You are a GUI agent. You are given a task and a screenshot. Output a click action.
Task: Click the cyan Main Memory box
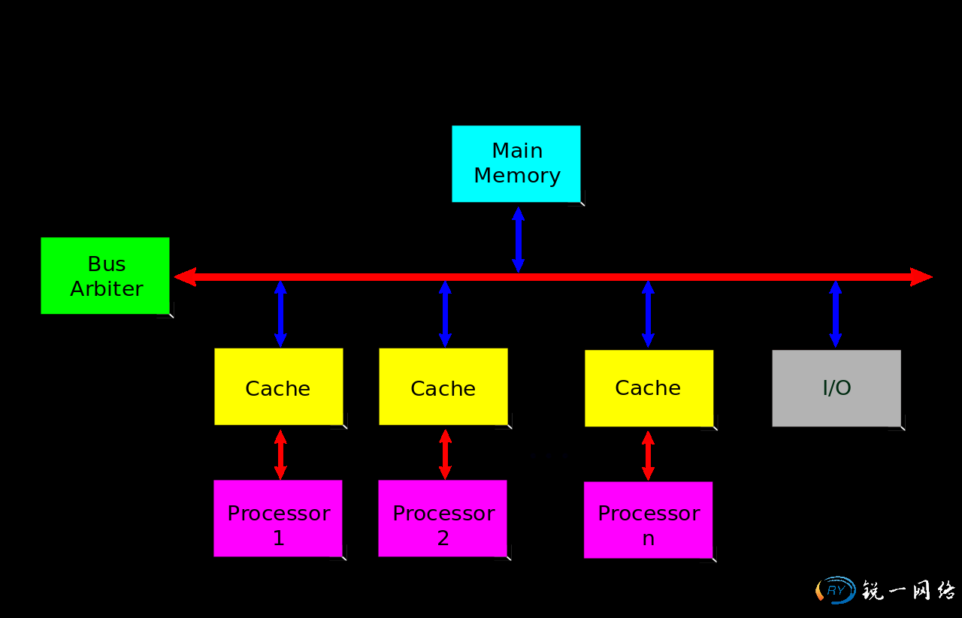(x=516, y=164)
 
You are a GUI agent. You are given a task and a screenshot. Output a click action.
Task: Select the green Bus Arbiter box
(x=105, y=276)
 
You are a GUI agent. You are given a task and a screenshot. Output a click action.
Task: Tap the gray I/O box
(x=836, y=388)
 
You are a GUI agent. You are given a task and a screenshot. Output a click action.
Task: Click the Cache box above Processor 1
(x=278, y=387)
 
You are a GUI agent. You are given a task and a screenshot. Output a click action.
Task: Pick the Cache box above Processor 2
(x=443, y=387)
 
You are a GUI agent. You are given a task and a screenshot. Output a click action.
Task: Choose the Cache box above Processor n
(x=649, y=388)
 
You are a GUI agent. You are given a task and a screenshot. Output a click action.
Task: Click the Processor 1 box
(x=278, y=518)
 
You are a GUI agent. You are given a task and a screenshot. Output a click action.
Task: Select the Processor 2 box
(x=443, y=518)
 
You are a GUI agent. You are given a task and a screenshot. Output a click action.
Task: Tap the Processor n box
(x=648, y=520)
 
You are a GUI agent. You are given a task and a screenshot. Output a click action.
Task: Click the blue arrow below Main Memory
(x=518, y=240)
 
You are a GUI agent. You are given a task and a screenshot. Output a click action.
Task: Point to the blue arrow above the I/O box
(x=835, y=314)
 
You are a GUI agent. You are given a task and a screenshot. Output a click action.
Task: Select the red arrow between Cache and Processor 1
(x=280, y=454)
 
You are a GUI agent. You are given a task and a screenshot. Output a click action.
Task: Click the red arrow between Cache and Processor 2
(x=445, y=454)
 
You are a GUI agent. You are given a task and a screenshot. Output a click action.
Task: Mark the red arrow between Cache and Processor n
(x=648, y=455)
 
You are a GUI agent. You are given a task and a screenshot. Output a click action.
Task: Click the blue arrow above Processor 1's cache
(x=280, y=314)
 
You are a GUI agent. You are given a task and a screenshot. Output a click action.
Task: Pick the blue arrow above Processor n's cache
(x=648, y=314)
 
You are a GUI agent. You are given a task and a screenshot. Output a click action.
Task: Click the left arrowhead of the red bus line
(x=185, y=277)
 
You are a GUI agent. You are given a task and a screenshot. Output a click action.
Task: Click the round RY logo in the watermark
(x=836, y=590)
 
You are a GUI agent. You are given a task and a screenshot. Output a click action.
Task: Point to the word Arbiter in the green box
(x=107, y=289)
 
